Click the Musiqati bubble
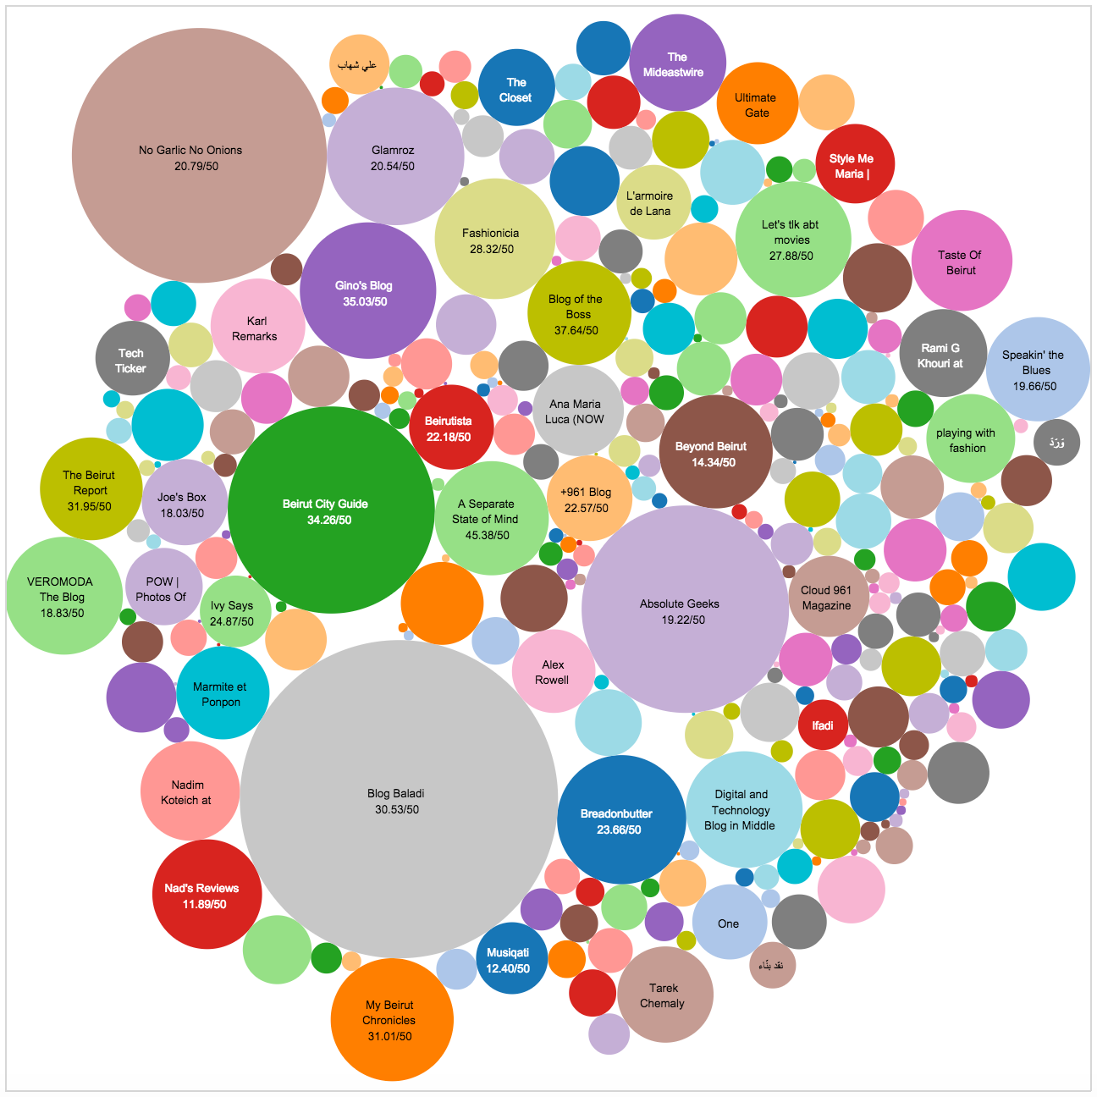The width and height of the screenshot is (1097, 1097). pyautogui.click(x=508, y=959)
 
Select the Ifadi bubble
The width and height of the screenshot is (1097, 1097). pyautogui.click(x=823, y=725)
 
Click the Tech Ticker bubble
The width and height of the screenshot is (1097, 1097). pyautogui.click(x=132, y=359)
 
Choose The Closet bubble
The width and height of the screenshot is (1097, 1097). pyautogui.click(x=515, y=89)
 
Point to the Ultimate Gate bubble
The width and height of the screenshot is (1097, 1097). pyautogui.click(x=756, y=104)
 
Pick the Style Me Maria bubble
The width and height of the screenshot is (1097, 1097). pyautogui.click(x=855, y=164)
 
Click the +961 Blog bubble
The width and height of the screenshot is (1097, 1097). pyautogui.click(x=587, y=499)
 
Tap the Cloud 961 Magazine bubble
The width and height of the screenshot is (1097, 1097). pyautogui.click(x=828, y=597)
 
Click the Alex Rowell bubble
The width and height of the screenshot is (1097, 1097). pyautogui.click(x=553, y=672)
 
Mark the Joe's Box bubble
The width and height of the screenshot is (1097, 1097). pyautogui.click(x=183, y=504)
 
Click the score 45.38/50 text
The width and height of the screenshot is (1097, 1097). pyautogui.click(x=488, y=535)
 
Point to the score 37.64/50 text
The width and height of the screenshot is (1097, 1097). pyautogui.click(x=576, y=330)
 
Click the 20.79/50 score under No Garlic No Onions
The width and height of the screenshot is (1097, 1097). pyautogui.click(x=196, y=166)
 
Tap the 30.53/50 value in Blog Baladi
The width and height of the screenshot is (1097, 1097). pyautogui.click(x=397, y=809)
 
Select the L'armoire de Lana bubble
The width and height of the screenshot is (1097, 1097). pyautogui.click(x=652, y=203)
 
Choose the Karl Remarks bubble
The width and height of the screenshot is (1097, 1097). pyautogui.click(x=256, y=328)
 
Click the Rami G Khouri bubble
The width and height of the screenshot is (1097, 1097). pyautogui.click(x=942, y=355)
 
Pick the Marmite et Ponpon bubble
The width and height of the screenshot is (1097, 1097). pyautogui.click(x=223, y=693)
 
